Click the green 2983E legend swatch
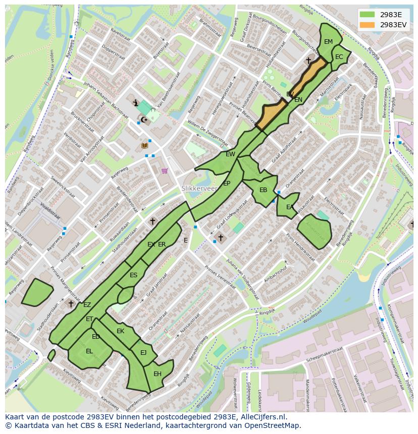[x=367, y=14]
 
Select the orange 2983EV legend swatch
[x=367, y=24]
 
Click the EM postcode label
[x=329, y=42]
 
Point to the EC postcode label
[x=339, y=57]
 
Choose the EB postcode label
[x=263, y=190]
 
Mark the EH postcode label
[x=158, y=374]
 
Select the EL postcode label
[x=89, y=351]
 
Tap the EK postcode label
[x=120, y=331]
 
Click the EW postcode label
[x=230, y=154]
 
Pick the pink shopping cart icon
[x=165, y=171]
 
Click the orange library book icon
[x=145, y=146]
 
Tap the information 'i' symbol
[x=136, y=103]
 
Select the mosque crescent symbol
[x=143, y=119]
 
